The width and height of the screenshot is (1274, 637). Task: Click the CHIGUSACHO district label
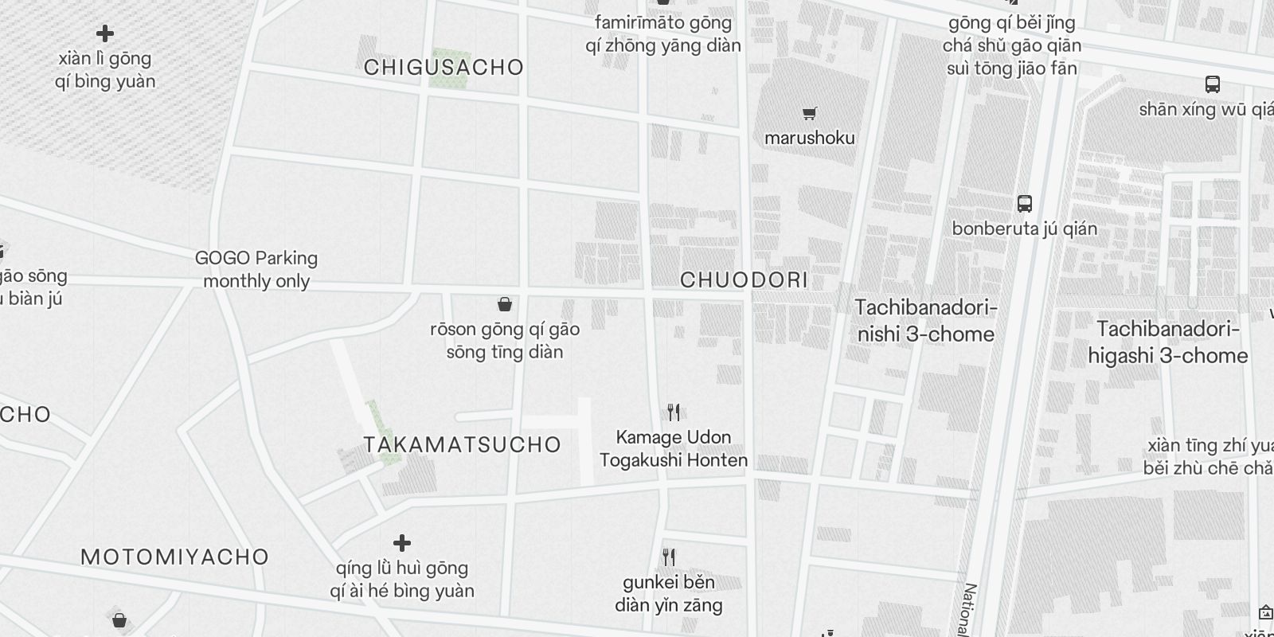tap(444, 68)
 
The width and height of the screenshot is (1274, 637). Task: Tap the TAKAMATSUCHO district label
tap(463, 444)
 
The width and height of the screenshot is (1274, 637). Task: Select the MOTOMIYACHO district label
tap(174, 557)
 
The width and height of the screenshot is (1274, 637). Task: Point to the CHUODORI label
tap(744, 280)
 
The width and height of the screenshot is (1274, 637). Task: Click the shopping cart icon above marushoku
tap(810, 113)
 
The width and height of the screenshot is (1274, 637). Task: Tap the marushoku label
tap(809, 138)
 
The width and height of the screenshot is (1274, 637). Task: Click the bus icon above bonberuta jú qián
tap(1025, 204)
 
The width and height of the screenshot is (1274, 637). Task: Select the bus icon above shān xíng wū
tap(1213, 84)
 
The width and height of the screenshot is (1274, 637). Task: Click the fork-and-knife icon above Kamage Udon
tap(674, 412)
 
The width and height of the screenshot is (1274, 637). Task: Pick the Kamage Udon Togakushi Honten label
tap(674, 448)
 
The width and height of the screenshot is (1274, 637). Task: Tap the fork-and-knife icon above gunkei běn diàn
tap(669, 557)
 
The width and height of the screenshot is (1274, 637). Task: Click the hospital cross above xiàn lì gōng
tap(105, 33)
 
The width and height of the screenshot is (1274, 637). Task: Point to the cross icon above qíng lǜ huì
tap(402, 543)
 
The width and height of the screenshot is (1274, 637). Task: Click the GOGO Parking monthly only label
tap(256, 269)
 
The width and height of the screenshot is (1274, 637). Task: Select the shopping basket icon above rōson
tap(504, 304)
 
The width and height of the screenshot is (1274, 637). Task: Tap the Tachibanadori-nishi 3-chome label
tap(925, 321)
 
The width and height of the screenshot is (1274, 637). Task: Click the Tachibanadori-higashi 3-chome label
tap(1167, 342)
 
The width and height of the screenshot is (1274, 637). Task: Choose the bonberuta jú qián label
tap(1024, 229)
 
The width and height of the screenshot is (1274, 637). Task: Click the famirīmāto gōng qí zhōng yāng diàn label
tap(663, 33)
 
